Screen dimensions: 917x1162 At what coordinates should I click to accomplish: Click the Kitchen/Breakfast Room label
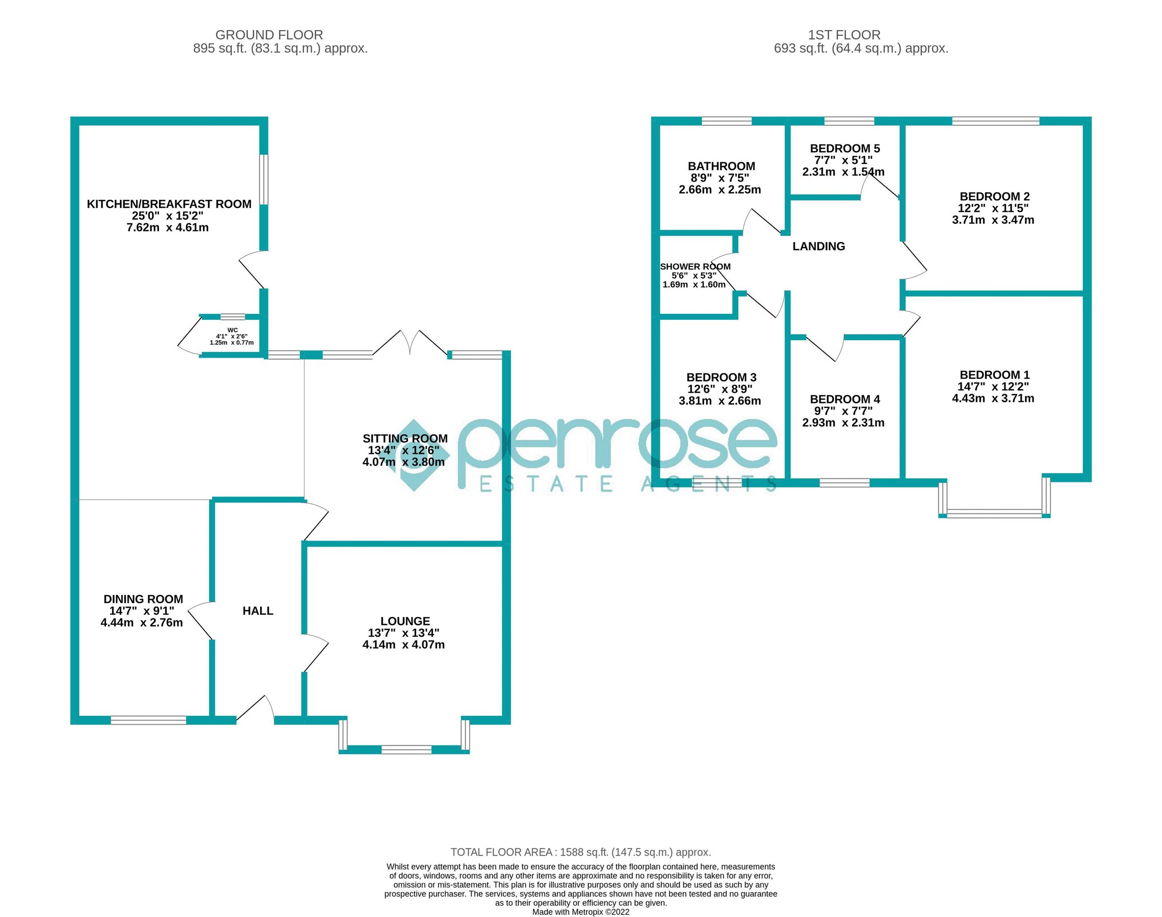(x=169, y=204)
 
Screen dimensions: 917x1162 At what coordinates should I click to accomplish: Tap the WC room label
(x=232, y=330)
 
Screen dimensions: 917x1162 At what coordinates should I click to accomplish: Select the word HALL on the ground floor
(x=258, y=610)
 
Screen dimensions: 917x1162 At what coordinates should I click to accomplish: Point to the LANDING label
(x=819, y=247)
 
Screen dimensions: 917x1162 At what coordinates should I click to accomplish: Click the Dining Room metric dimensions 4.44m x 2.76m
(x=142, y=623)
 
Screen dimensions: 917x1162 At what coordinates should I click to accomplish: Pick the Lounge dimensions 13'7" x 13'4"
(x=403, y=633)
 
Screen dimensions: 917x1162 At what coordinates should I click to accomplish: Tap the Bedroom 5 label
(x=845, y=148)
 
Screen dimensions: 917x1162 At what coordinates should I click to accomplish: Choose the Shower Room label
(x=695, y=267)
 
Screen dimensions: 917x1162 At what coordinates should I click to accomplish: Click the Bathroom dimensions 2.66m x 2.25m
(x=720, y=190)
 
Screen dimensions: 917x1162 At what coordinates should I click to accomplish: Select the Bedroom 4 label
(x=845, y=399)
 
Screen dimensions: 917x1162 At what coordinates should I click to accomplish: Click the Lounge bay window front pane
(x=406, y=749)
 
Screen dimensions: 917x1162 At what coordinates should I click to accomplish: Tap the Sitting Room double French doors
(x=410, y=343)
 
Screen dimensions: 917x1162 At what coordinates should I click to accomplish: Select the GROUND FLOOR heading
(x=269, y=35)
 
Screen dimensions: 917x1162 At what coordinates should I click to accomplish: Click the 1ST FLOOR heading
(x=844, y=35)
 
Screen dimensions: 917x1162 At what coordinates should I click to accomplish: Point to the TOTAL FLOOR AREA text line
(x=580, y=852)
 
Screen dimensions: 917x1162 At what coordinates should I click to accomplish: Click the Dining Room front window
(x=148, y=720)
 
